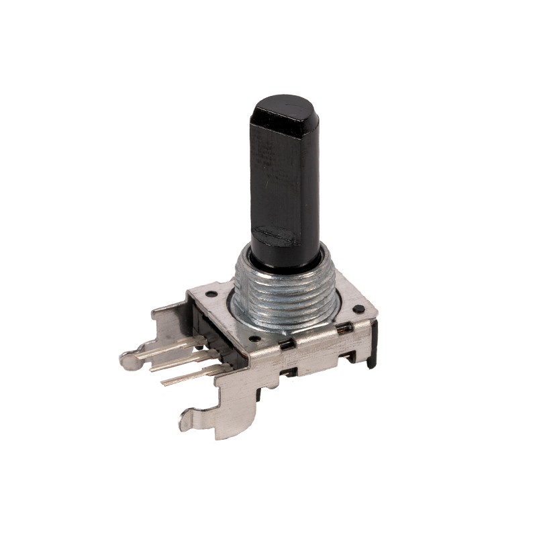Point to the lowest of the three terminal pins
[188, 378]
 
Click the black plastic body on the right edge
[373, 346]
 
